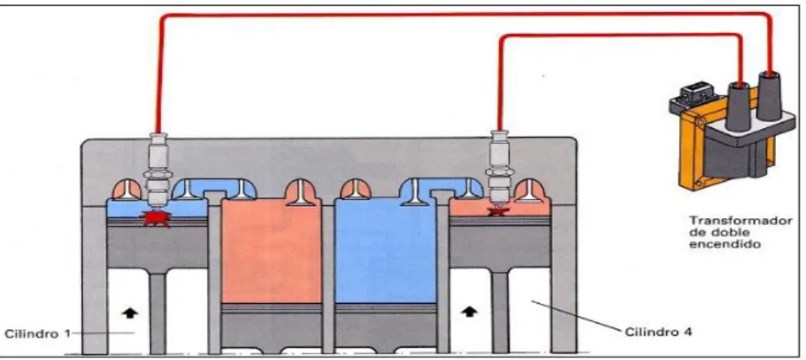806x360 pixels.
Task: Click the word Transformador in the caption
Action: pos(741,222)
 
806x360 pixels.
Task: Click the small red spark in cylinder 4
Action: pos(496,211)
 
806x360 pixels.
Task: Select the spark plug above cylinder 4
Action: pos(497,167)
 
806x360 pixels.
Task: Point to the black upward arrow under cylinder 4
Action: pos(469,312)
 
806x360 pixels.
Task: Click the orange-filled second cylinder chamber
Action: pos(271,252)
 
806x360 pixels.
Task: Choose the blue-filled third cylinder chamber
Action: pos(385,252)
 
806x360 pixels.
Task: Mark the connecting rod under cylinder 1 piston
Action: pos(158,313)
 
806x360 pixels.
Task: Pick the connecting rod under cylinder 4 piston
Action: pos(499,313)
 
